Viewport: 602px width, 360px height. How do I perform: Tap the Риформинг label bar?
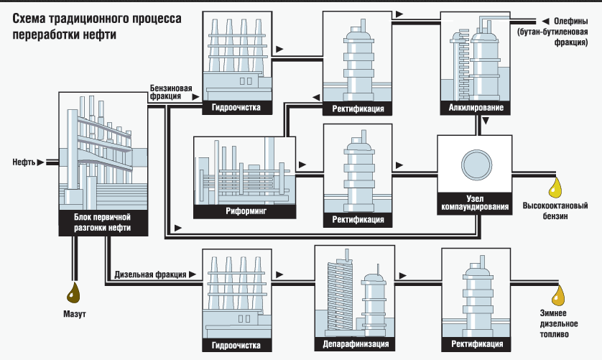coord(244,213)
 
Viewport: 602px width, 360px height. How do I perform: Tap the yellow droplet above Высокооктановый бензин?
coord(555,188)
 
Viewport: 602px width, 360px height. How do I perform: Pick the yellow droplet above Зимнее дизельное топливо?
coord(557,295)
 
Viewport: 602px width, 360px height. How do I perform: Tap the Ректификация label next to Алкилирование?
coord(358,109)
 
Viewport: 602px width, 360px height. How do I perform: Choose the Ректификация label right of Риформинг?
coord(358,219)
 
